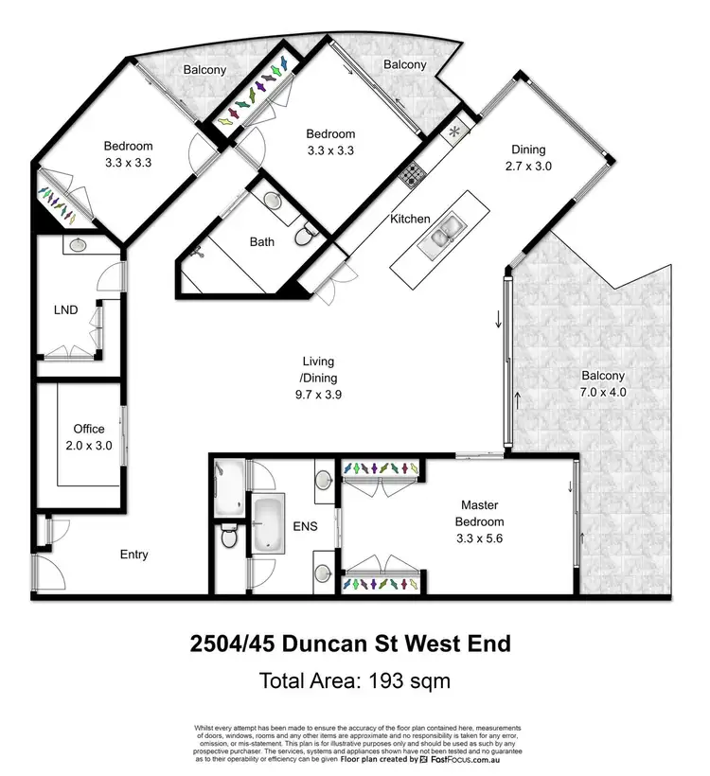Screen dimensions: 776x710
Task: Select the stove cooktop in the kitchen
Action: pos(414,173)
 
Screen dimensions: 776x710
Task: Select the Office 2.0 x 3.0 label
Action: pos(90,437)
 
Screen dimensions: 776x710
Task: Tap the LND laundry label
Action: pos(65,309)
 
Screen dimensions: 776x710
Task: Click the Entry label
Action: pos(133,555)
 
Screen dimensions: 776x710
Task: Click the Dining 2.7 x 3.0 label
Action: pos(530,157)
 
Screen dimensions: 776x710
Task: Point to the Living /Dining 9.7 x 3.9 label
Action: pos(318,379)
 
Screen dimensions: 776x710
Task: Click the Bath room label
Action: pos(262,242)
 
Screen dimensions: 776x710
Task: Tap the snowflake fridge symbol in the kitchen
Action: pos(454,132)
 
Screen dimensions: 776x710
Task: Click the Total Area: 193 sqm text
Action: pos(354,679)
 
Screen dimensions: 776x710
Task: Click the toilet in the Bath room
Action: pos(305,235)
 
